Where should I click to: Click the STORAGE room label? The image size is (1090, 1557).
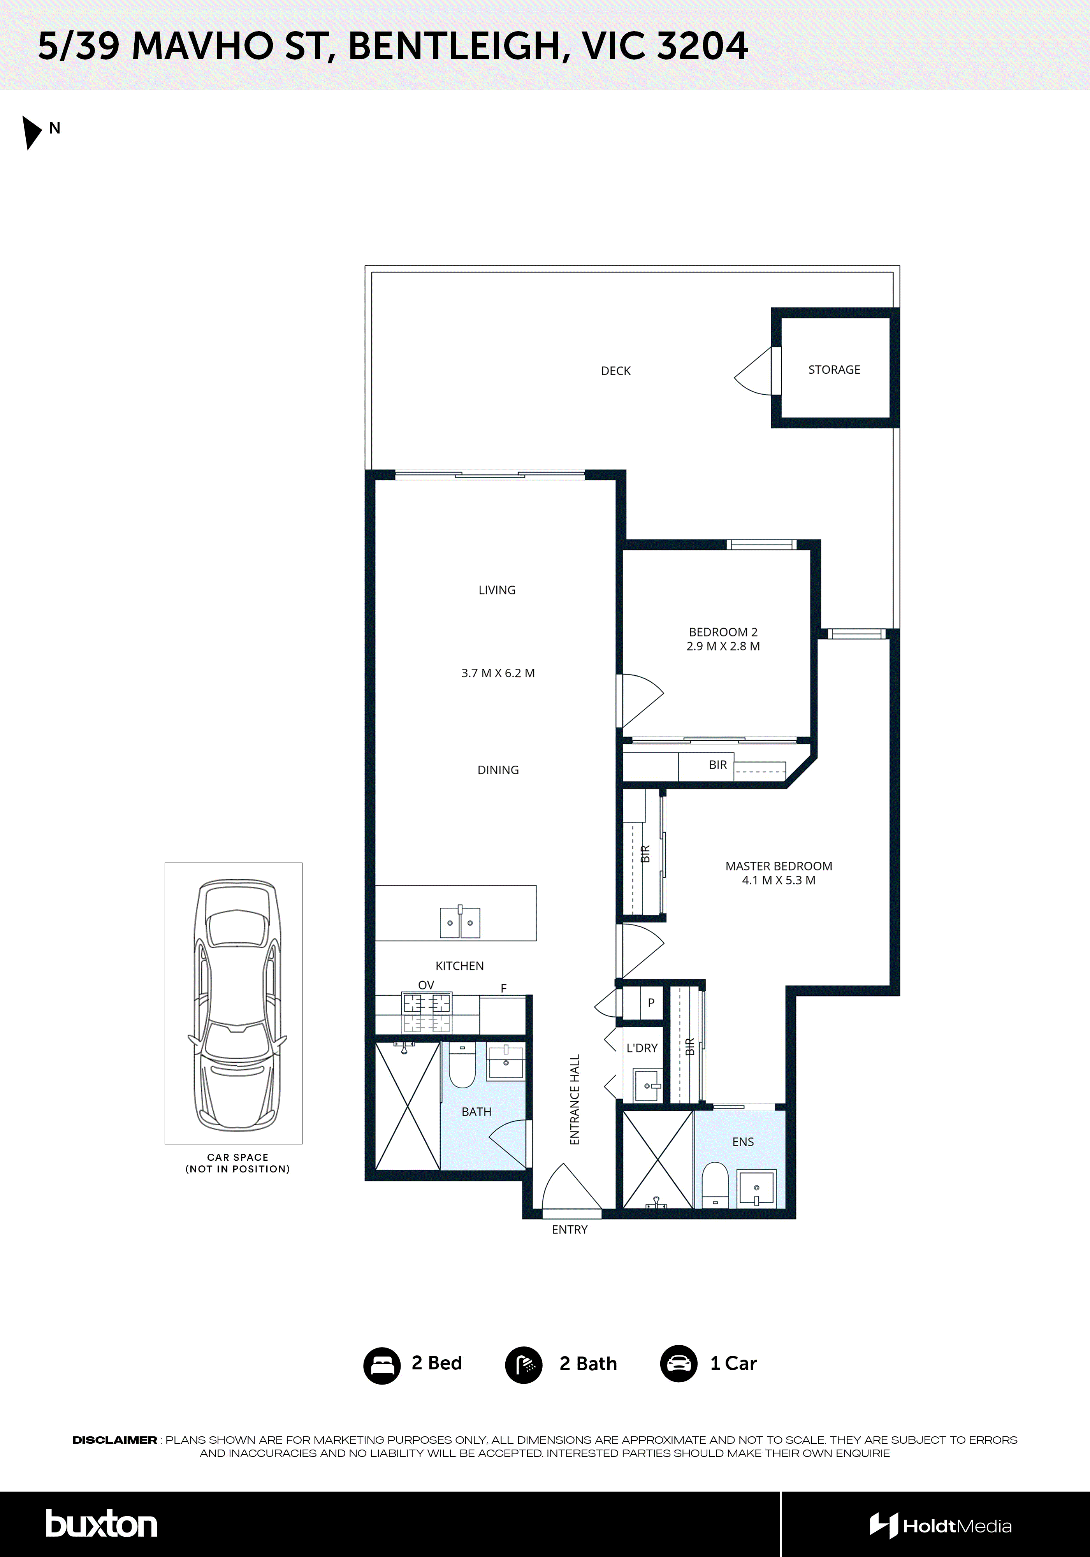click(833, 369)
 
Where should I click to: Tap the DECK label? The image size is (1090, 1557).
click(615, 371)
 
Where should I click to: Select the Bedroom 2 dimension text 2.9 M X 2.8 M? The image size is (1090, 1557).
click(723, 646)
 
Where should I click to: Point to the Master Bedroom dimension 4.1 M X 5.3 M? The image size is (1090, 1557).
click(778, 880)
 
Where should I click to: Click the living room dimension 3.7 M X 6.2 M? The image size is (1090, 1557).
click(498, 673)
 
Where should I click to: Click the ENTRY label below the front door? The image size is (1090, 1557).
click(569, 1230)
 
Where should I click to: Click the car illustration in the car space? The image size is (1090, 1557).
click(237, 1003)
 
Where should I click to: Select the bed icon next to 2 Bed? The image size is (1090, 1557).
click(382, 1365)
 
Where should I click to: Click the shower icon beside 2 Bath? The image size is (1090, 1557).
click(524, 1365)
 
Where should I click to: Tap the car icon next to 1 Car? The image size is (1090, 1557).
click(678, 1364)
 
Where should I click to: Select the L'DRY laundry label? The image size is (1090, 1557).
click(642, 1048)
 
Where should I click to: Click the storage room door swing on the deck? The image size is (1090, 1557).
click(755, 372)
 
